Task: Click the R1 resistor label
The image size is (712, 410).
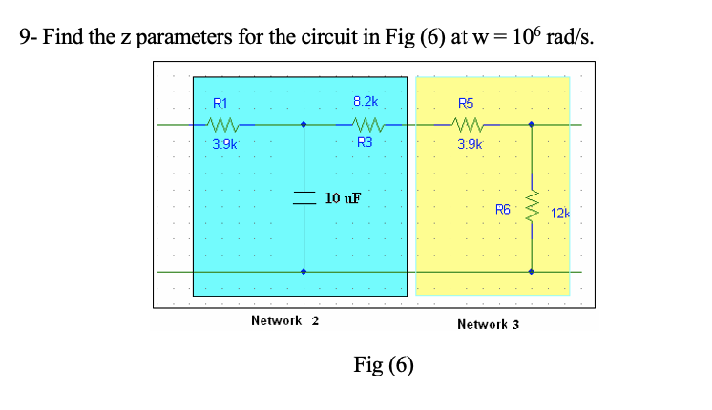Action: click(220, 103)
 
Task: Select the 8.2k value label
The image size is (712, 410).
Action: click(366, 101)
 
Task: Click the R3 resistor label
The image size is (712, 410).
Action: click(366, 142)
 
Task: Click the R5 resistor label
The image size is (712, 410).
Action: click(465, 103)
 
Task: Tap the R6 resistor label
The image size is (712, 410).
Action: click(503, 208)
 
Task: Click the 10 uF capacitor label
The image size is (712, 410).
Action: click(343, 198)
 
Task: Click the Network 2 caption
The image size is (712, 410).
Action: click(284, 320)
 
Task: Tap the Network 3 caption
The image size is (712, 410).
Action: click(488, 324)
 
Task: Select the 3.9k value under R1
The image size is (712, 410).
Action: click(225, 144)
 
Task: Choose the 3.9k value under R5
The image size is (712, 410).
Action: click(470, 144)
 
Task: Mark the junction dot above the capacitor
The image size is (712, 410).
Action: click(304, 124)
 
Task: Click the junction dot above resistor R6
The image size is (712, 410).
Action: click(533, 124)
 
